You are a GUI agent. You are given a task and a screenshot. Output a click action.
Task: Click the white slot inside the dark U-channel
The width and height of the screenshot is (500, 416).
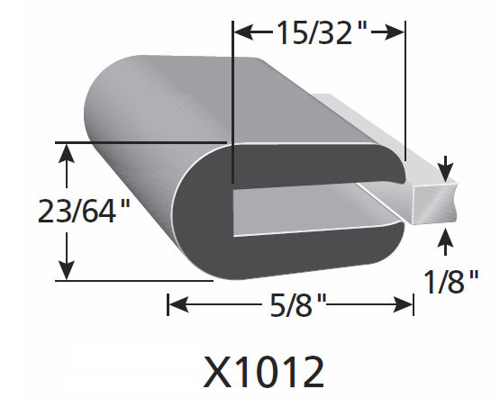(306, 192)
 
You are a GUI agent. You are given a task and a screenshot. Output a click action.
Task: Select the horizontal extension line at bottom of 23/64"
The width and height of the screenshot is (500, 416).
(135, 280)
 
